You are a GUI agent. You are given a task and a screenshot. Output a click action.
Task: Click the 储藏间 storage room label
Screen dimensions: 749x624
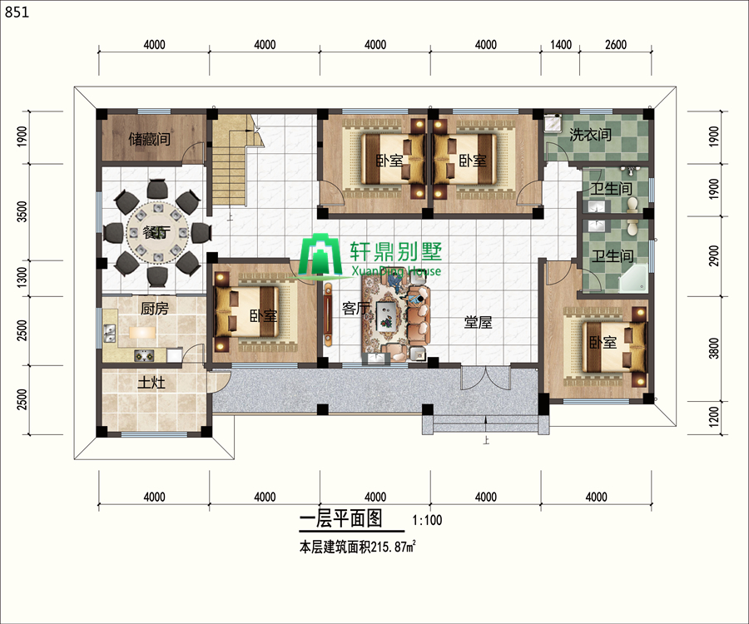[x=150, y=140]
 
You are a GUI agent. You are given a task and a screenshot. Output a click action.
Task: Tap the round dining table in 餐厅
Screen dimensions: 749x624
[x=156, y=233]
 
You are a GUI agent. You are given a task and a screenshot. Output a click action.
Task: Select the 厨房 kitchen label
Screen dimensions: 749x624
[x=154, y=309]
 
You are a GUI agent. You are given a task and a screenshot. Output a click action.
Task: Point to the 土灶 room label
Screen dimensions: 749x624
[x=151, y=383]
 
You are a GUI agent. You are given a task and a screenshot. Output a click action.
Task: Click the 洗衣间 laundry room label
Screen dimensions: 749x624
[x=590, y=135]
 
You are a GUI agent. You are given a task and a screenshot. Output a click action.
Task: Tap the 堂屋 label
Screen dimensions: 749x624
[x=478, y=322]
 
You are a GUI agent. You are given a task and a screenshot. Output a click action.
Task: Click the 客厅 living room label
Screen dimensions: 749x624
[x=355, y=309]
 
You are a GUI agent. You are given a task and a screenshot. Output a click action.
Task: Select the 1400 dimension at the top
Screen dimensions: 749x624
[x=561, y=45]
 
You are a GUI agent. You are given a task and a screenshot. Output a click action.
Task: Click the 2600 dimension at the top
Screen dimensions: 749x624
[x=616, y=45]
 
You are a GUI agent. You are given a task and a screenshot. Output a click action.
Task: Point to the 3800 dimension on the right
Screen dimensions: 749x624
[x=714, y=348]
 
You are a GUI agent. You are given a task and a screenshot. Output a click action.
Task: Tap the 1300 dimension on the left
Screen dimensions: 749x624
[x=22, y=277]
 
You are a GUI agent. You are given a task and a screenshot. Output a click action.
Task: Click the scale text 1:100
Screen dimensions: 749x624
[x=427, y=520]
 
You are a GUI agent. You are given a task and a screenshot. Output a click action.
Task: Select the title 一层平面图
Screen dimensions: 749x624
[x=341, y=518]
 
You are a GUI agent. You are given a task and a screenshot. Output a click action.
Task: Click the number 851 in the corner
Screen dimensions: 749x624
[x=17, y=12]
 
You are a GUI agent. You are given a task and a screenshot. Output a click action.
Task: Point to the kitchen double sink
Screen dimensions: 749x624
[x=109, y=334]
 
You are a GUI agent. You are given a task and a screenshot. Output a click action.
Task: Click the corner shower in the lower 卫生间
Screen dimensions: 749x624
[x=634, y=280]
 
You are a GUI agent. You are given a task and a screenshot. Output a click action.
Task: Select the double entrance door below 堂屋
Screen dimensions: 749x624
[x=485, y=377]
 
